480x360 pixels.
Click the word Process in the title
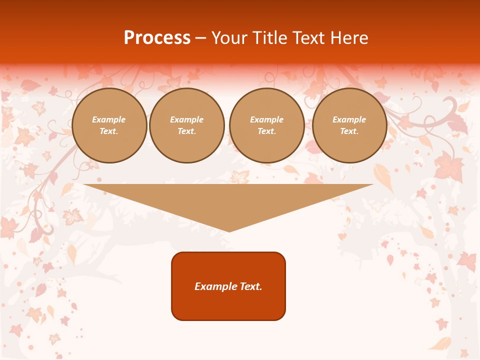coord(157,38)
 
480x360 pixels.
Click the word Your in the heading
coord(228,38)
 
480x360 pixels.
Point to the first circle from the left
coord(109,125)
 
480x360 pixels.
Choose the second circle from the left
coord(187,125)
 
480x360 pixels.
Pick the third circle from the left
coord(267,125)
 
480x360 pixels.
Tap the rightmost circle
coord(349,125)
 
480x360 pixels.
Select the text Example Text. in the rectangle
coord(228,286)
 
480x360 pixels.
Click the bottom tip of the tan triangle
coord(229,230)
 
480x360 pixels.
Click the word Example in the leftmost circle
coord(109,119)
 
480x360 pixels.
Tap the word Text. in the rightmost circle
coord(349,131)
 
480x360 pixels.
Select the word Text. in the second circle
coord(187,131)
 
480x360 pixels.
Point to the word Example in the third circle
coord(267,119)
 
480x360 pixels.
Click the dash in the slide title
coord(201,38)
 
